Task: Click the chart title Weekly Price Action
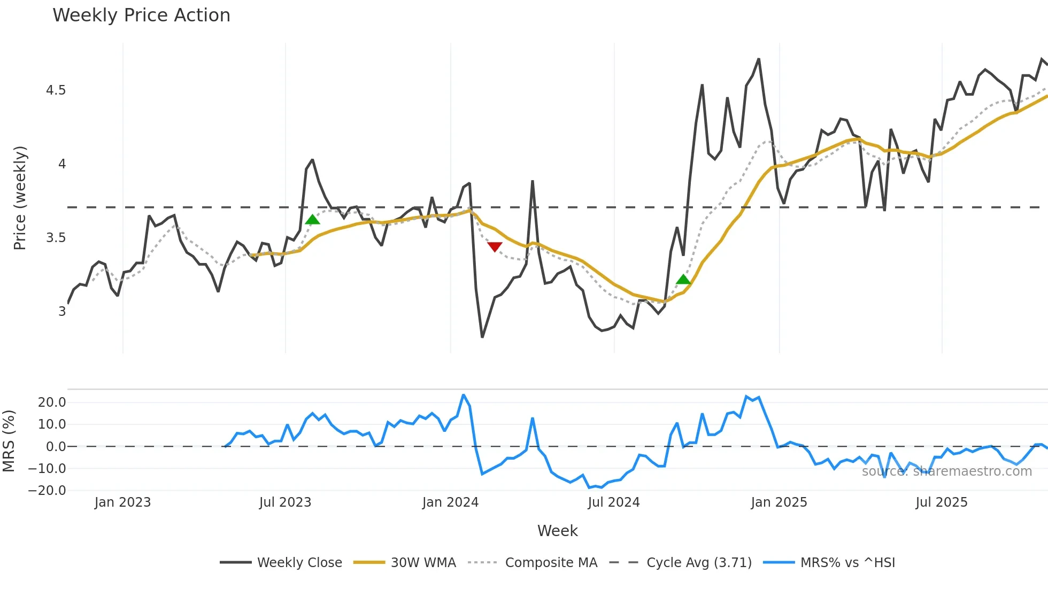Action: pyautogui.click(x=141, y=15)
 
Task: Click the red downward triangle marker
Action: pyautogui.click(x=495, y=246)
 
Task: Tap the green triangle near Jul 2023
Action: pyautogui.click(x=312, y=219)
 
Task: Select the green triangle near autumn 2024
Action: pyautogui.click(x=683, y=279)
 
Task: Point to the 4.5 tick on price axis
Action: pyautogui.click(x=56, y=90)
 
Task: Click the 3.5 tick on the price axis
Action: pyautogui.click(x=56, y=238)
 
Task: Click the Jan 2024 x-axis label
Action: pyautogui.click(x=450, y=502)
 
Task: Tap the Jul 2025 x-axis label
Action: pyautogui.click(x=941, y=502)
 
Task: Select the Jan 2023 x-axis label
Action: pyautogui.click(x=122, y=502)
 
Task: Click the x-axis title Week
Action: pyautogui.click(x=557, y=531)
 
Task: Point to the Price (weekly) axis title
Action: pyautogui.click(x=20, y=198)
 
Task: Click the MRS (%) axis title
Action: pyautogui.click(x=9, y=441)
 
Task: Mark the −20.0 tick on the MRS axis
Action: pyautogui.click(x=47, y=491)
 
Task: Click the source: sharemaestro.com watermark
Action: pyautogui.click(x=946, y=471)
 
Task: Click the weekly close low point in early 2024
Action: pyautogui.click(x=482, y=337)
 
